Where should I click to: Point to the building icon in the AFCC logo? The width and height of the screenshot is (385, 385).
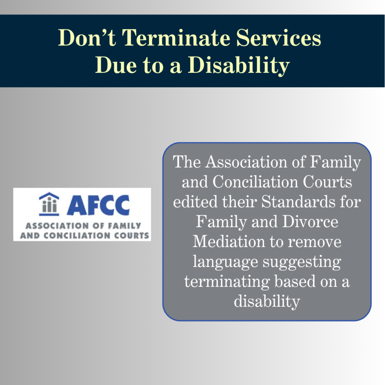49,204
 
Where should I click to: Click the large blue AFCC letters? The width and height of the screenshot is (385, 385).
98,205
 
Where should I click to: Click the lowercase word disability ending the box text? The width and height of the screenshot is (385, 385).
267,301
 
